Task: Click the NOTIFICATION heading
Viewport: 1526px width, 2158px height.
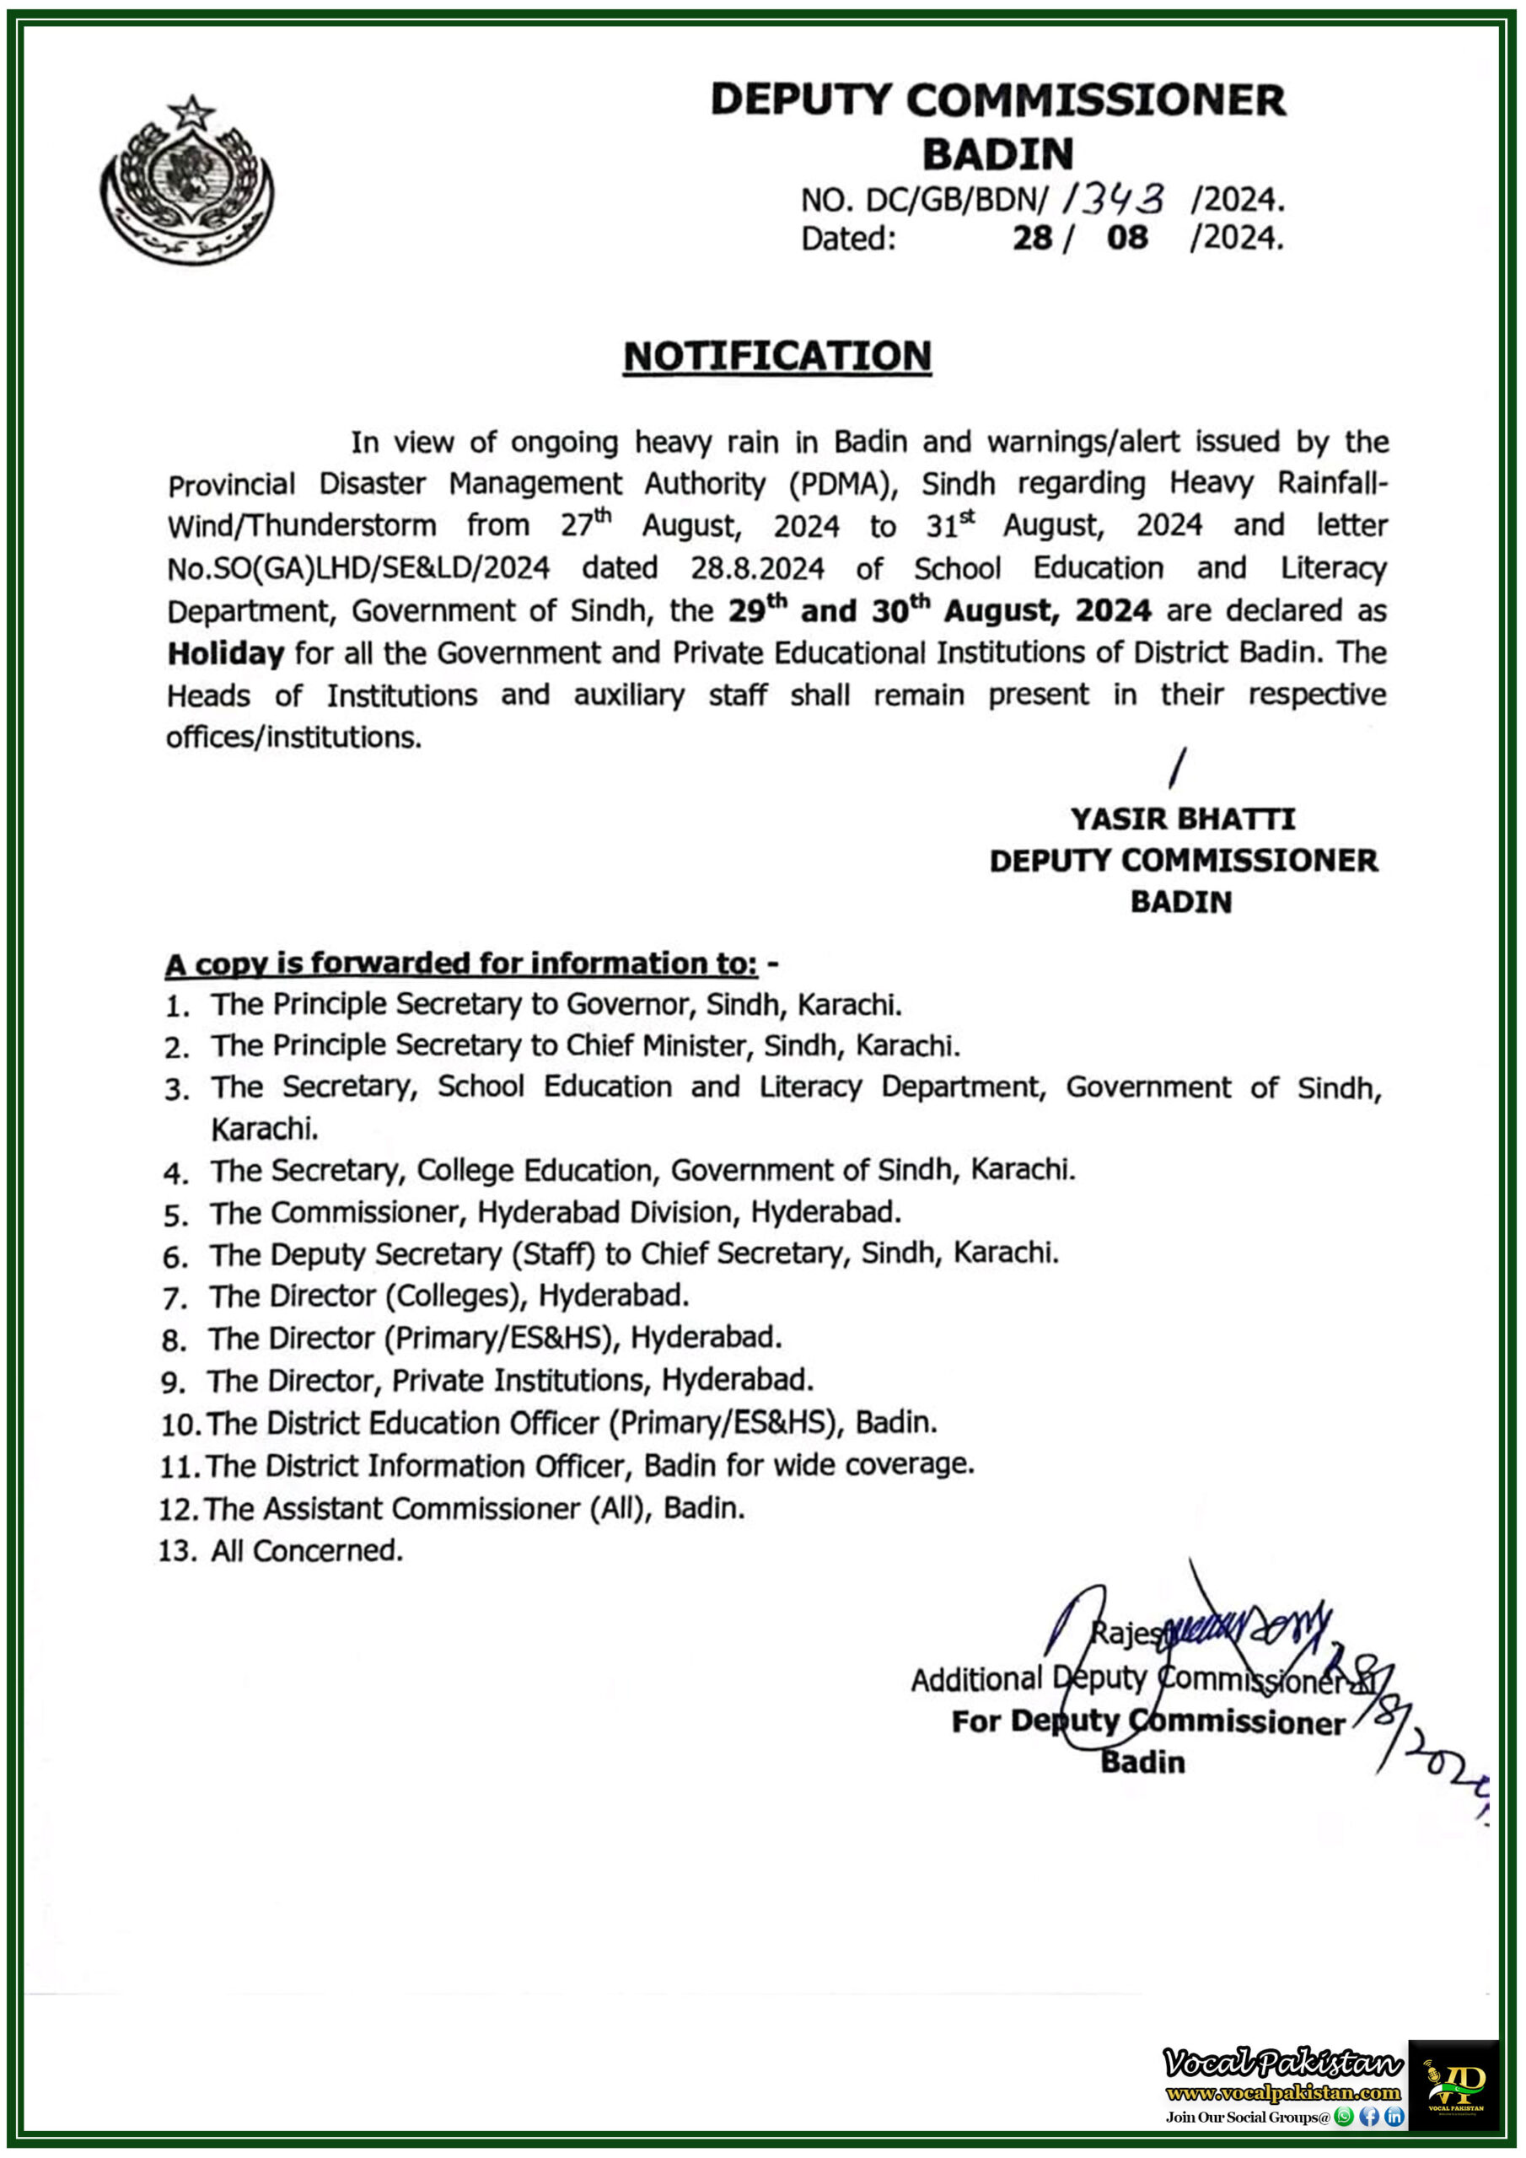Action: point(776,357)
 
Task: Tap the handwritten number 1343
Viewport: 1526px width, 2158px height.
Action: point(1115,198)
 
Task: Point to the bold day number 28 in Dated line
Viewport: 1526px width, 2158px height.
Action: point(1031,238)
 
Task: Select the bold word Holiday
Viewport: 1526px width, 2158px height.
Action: point(226,653)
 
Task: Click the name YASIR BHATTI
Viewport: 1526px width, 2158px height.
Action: point(1182,819)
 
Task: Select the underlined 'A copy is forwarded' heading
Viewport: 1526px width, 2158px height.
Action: point(460,964)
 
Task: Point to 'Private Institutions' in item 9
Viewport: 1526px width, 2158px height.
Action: point(523,1380)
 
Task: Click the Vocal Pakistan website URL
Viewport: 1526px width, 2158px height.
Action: point(1282,2092)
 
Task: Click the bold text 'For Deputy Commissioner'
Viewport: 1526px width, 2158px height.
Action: point(1148,1722)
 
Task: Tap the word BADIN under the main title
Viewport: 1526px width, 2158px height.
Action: point(997,153)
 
